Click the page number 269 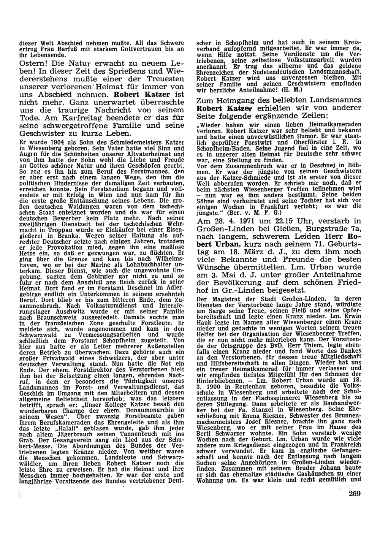click(x=353, y=494)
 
